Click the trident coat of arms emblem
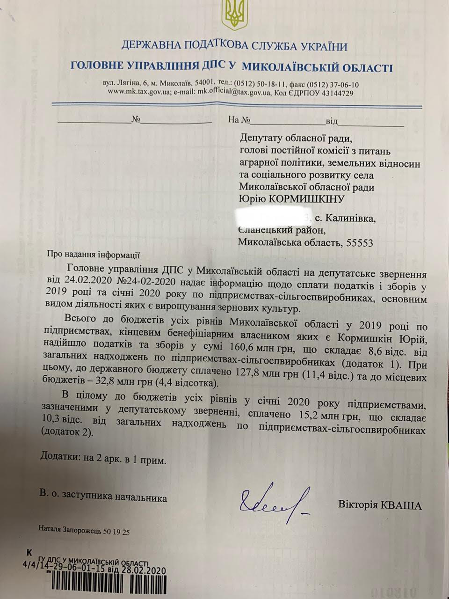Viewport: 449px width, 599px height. pos(232,15)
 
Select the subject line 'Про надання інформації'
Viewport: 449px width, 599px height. pos(94,256)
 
